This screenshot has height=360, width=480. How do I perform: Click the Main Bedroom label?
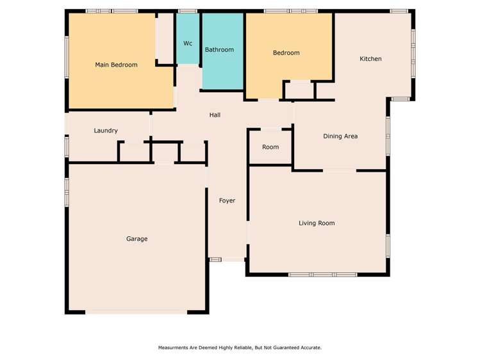coord(116,65)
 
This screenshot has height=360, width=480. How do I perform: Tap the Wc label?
coord(188,44)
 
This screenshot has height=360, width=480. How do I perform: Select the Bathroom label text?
coord(219,49)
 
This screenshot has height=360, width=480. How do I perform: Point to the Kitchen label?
coord(370,59)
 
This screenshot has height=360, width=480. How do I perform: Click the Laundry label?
coord(106,131)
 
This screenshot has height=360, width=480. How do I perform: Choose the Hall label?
coord(215,115)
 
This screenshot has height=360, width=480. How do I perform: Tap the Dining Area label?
coord(340,136)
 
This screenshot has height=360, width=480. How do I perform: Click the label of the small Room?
coord(270,147)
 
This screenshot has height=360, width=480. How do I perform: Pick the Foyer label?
coord(227,200)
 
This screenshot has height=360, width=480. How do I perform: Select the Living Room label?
coord(317,223)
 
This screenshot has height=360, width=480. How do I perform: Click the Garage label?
coord(137,239)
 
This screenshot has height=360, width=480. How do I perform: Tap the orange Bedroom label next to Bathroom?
coord(286,53)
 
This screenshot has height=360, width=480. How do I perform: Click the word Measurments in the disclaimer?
coord(176,348)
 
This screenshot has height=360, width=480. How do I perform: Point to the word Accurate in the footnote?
coord(308,348)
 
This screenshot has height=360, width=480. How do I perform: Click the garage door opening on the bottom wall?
coord(137,313)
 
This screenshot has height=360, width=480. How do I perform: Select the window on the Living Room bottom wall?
coord(322,275)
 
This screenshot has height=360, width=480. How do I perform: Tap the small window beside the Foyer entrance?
coord(216,259)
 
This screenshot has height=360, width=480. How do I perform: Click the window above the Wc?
coord(188,11)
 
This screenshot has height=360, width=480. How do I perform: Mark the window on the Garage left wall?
coord(67,192)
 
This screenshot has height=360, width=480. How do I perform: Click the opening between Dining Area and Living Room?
coord(339,170)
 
